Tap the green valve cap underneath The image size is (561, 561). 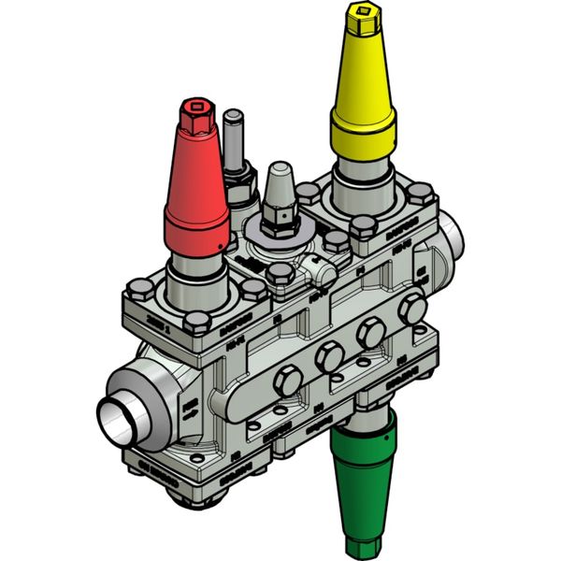click(x=362, y=477)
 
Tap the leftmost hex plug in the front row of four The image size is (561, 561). click(x=284, y=378)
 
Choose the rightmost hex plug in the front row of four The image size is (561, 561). click(x=410, y=309)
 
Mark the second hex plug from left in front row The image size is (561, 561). click(x=328, y=355)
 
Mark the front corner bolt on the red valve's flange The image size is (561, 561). click(x=195, y=323)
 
